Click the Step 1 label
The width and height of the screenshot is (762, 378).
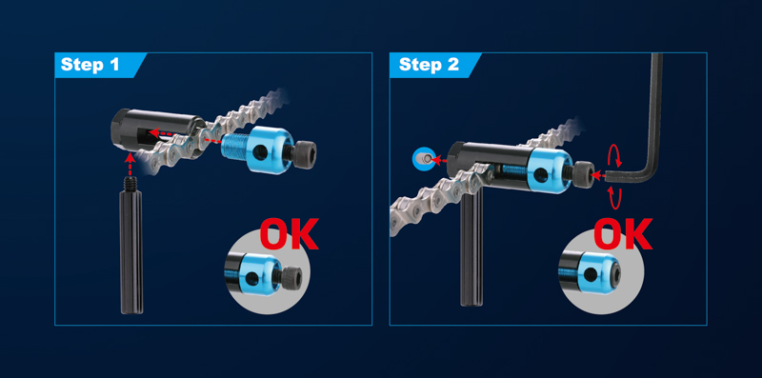[x=90, y=65]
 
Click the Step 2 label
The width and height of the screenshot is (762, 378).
[x=429, y=65]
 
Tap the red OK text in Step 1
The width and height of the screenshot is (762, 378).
[x=290, y=233]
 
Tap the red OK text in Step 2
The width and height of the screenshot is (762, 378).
[x=623, y=233]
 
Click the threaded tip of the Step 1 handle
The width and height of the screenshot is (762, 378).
[x=132, y=184]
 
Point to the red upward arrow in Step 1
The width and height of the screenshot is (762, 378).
[x=130, y=164]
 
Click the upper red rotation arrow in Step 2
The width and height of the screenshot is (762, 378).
[x=616, y=156]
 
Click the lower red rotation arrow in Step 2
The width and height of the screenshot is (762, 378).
[x=615, y=197]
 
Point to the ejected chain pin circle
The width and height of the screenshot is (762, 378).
[x=424, y=158]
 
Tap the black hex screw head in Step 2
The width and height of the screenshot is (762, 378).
[x=585, y=175]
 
